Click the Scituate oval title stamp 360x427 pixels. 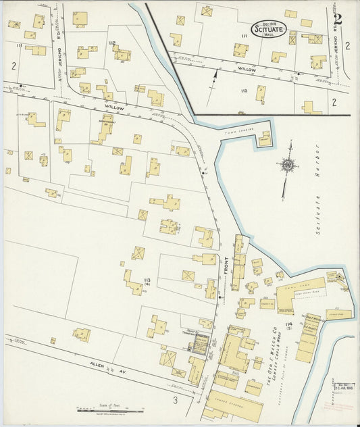click(x=269, y=28)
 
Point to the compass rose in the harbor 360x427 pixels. click(x=288, y=164)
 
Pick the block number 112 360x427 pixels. click(x=112, y=43)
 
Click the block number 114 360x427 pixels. click(x=289, y=326)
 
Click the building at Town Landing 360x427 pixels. click(x=264, y=140)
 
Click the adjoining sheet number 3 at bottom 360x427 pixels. click(x=174, y=402)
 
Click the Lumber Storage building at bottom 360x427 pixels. click(x=233, y=404)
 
